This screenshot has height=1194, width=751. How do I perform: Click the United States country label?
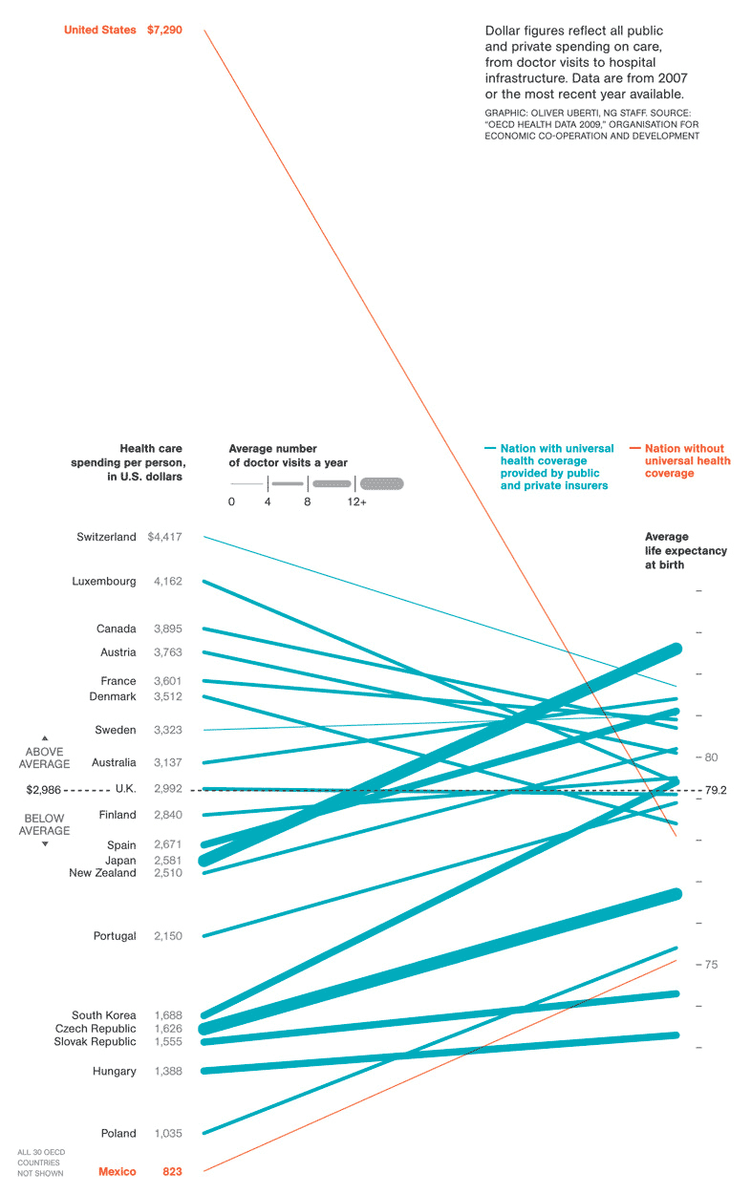point(99,31)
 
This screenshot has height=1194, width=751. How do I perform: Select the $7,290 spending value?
point(164,31)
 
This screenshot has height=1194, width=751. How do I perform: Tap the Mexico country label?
point(117,1171)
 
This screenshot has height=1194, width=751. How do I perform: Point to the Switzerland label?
point(106,537)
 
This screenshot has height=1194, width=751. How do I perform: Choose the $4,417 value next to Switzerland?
point(164,537)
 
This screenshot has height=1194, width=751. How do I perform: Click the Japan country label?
point(120,860)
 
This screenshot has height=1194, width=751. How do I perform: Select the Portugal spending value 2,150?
point(167,936)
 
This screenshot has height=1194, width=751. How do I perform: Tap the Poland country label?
point(118,1133)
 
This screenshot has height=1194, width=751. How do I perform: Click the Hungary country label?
point(114,1071)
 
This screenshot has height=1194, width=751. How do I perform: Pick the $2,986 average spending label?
point(44,790)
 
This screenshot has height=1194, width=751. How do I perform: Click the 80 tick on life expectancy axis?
point(711,757)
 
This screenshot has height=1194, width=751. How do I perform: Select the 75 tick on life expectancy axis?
point(711,965)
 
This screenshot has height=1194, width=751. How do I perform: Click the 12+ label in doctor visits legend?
point(356,501)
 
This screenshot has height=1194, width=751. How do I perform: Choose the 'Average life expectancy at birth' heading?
point(685,550)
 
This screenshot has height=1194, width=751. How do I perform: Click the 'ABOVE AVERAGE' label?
point(45,757)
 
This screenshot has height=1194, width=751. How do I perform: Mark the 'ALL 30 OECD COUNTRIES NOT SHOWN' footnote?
point(40,1162)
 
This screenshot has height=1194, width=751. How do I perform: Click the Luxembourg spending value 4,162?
point(167,581)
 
